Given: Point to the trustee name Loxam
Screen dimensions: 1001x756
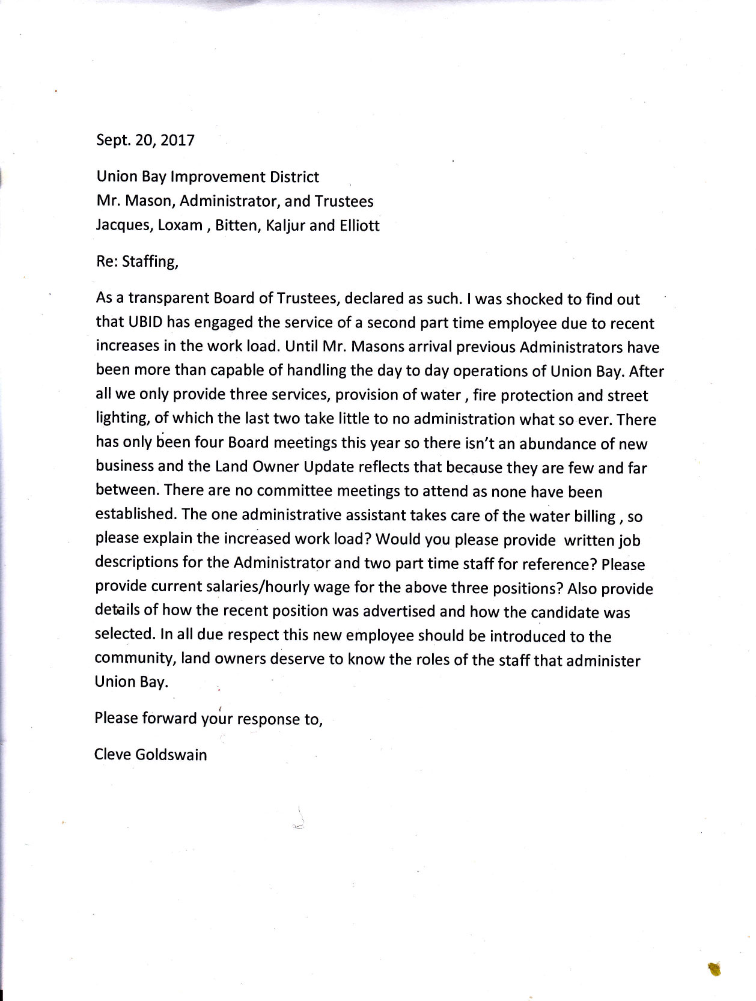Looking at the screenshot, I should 180,226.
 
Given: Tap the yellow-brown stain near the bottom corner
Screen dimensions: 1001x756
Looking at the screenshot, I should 715,968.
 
